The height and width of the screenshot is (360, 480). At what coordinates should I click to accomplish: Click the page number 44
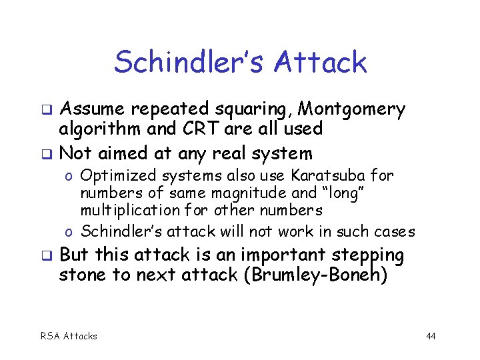point(431,336)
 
